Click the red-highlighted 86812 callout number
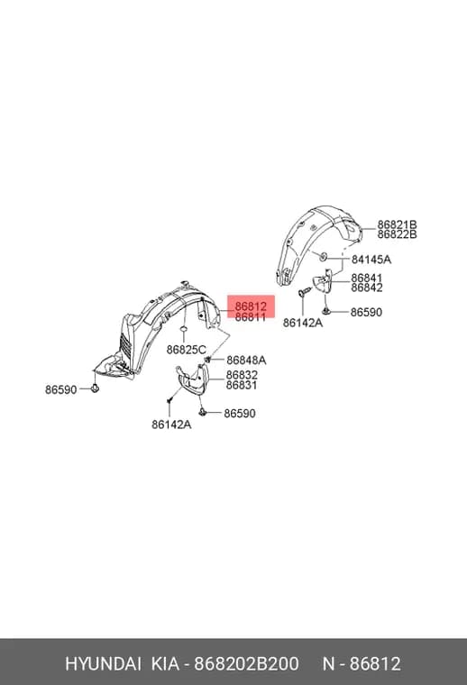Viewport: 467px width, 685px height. click(x=251, y=306)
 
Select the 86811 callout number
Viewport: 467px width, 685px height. click(x=251, y=316)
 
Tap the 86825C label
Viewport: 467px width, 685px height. click(x=186, y=350)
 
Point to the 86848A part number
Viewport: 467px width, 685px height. click(x=246, y=360)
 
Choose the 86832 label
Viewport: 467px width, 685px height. click(x=242, y=375)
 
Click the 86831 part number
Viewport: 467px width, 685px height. click(x=242, y=385)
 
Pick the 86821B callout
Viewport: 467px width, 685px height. click(x=397, y=224)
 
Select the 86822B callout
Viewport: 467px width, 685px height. click(x=397, y=234)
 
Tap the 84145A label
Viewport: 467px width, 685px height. click(x=371, y=260)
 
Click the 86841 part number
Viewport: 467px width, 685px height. click(x=367, y=278)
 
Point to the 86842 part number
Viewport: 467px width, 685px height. click(x=367, y=288)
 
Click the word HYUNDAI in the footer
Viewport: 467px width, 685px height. click(x=103, y=664)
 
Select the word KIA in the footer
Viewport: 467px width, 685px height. click(x=165, y=664)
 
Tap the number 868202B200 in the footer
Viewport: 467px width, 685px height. click(x=246, y=664)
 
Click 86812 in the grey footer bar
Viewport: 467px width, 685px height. click(x=376, y=664)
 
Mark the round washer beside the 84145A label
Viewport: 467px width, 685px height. click(x=324, y=257)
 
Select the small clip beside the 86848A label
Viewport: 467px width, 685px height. click(x=208, y=360)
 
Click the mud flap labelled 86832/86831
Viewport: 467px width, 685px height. click(x=194, y=379)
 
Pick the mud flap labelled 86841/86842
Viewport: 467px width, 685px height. click(x=324, y=282)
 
